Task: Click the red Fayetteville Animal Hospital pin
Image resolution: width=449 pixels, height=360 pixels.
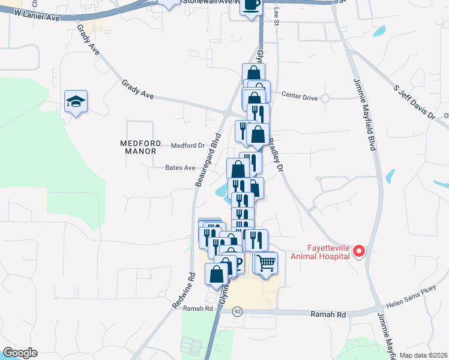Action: click(x=359, y=251)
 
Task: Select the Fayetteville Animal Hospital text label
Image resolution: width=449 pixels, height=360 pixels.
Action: click(x=320, y=252)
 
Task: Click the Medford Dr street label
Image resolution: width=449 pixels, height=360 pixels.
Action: click(x=188, y=145)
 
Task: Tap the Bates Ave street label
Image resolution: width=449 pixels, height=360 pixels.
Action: click(x=181, y=168)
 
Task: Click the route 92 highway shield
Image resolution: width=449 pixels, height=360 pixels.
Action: click(x=238, y=311)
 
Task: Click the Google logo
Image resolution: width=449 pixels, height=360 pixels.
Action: click(x=20, y=353)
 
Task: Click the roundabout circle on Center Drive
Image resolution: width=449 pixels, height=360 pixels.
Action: click(x=325, y=98)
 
